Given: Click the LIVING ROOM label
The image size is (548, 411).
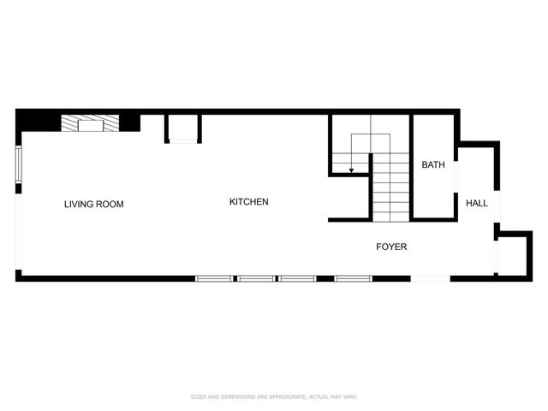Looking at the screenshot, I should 94,205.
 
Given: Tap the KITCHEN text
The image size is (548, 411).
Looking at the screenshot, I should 249,202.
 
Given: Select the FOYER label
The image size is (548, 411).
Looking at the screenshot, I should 391,247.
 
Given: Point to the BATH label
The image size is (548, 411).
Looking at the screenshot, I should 432,164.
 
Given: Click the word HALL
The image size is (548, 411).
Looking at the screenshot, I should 477,204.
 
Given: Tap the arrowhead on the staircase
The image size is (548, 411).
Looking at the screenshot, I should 351,171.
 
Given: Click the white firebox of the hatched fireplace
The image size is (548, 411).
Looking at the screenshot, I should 90,125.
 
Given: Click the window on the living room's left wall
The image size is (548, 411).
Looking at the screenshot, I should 18,164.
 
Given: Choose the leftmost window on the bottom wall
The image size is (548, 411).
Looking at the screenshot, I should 215,278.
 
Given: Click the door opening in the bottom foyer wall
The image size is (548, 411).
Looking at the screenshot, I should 431,278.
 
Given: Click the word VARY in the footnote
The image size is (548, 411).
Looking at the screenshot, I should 350,397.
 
